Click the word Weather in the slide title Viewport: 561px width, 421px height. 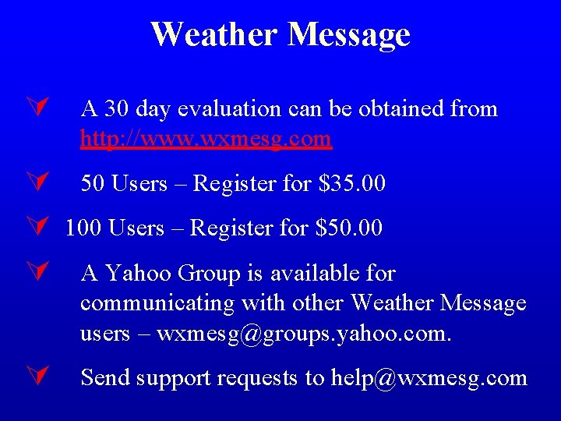(x=213, y=34)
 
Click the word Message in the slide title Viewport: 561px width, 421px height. (x=348, y=34)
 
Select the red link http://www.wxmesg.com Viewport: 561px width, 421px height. (x=206, y=139)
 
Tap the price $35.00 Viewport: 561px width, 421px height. (x=352, y=184)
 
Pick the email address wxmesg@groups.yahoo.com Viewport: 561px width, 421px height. (x=303, y=334)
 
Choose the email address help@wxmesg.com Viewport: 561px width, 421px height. (x=429, y=378)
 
